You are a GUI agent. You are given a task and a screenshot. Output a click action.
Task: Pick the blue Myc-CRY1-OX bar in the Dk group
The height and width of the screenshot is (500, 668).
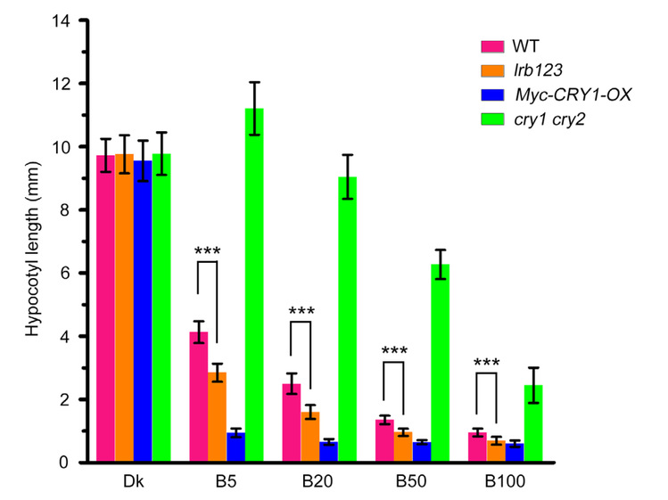pos(143,312)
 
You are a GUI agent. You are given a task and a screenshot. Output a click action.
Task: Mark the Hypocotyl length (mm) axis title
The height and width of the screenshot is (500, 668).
pos(32,241)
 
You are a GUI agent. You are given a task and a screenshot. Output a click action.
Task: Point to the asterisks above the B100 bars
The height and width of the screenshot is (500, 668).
pos(487,364)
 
